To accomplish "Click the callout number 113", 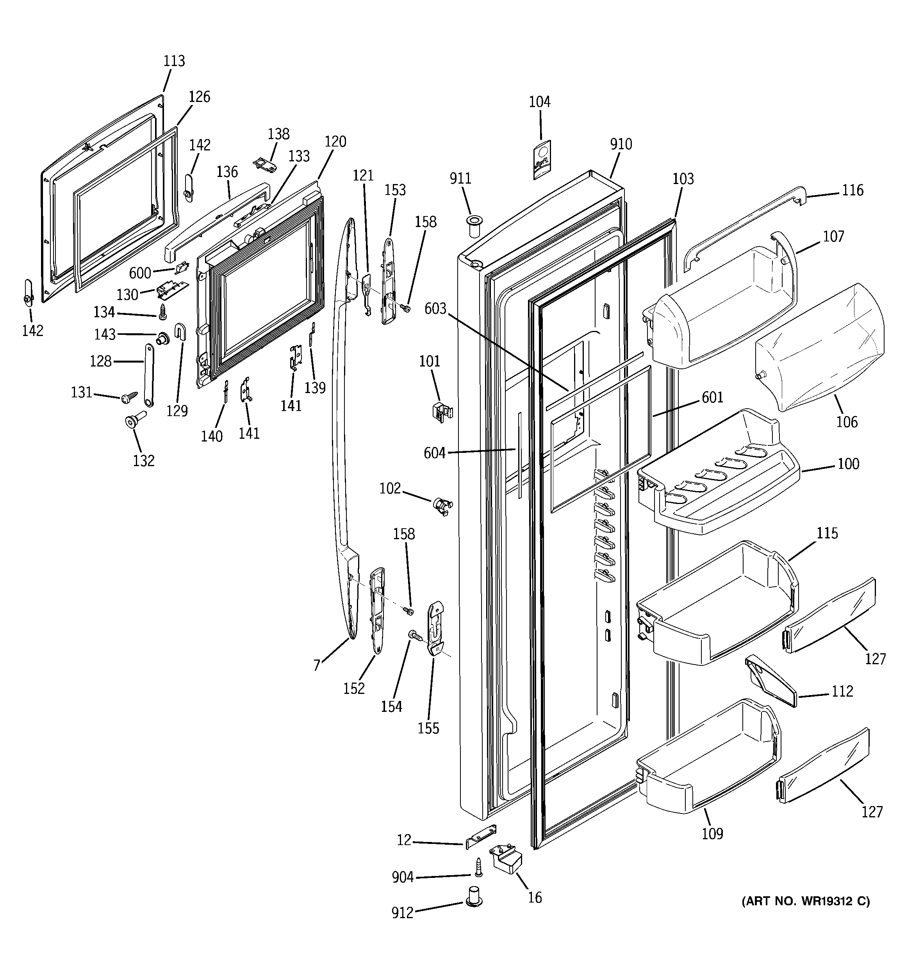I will click(x=174, y=61).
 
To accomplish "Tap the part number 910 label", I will click(x=621, y=145).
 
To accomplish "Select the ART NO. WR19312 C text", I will click(x=806, y=901).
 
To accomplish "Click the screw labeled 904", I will click(x=478, y=867).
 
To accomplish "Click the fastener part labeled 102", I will click(x=442, y=506).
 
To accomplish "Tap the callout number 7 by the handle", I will click(x=317, y=665).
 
